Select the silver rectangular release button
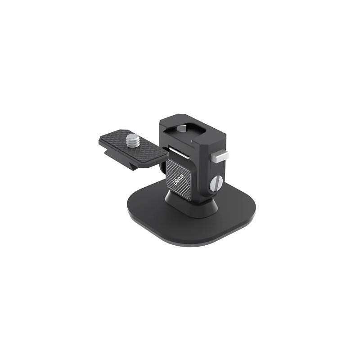tap(220, 157)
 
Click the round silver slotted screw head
tap(216, 183)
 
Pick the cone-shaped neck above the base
tap(191, 205)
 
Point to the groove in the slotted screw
tap(216, 183)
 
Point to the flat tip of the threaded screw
tap(132, 136)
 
